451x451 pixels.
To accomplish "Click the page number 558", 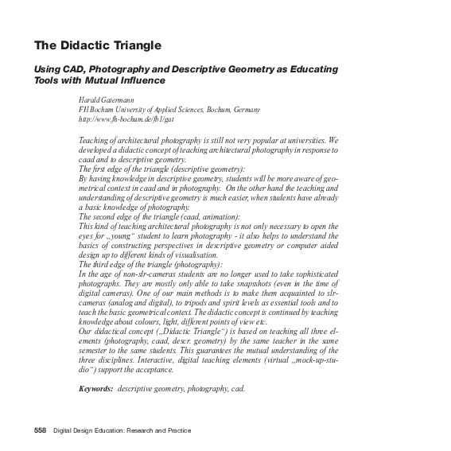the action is coord(40,430).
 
